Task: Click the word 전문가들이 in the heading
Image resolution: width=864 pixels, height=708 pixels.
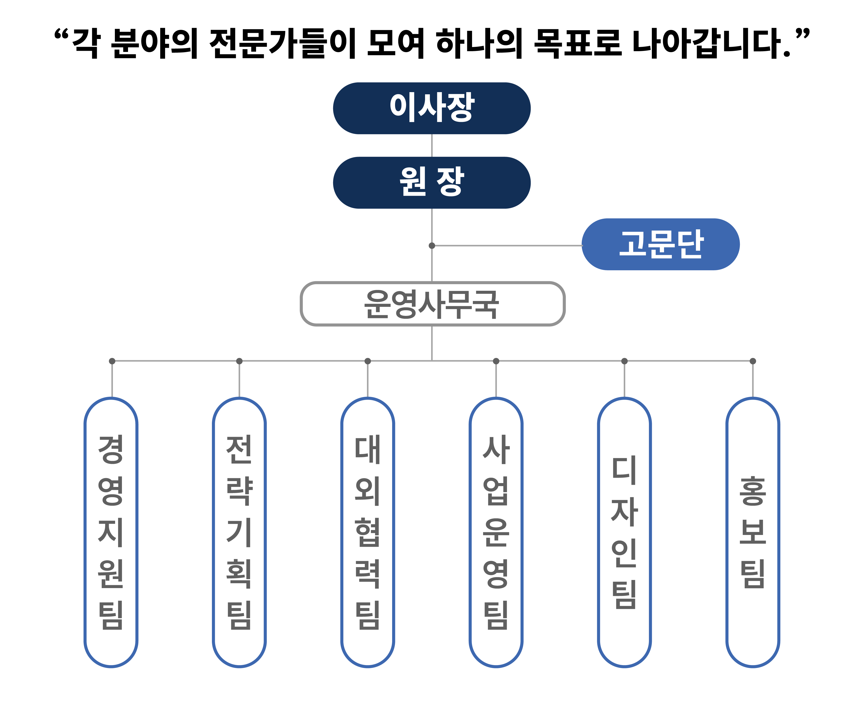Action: (283, 43)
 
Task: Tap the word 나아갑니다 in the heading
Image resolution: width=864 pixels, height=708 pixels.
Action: (710, 43)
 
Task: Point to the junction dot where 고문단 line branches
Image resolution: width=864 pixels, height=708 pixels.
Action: (432, 245)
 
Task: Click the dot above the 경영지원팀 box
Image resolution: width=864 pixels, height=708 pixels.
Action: (112, 361)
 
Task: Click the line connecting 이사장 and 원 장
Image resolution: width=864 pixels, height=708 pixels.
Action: (432, 145)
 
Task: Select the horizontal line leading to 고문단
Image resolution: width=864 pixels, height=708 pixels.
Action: (506, 245)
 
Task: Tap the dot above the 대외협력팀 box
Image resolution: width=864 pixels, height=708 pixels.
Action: (368, 361)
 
